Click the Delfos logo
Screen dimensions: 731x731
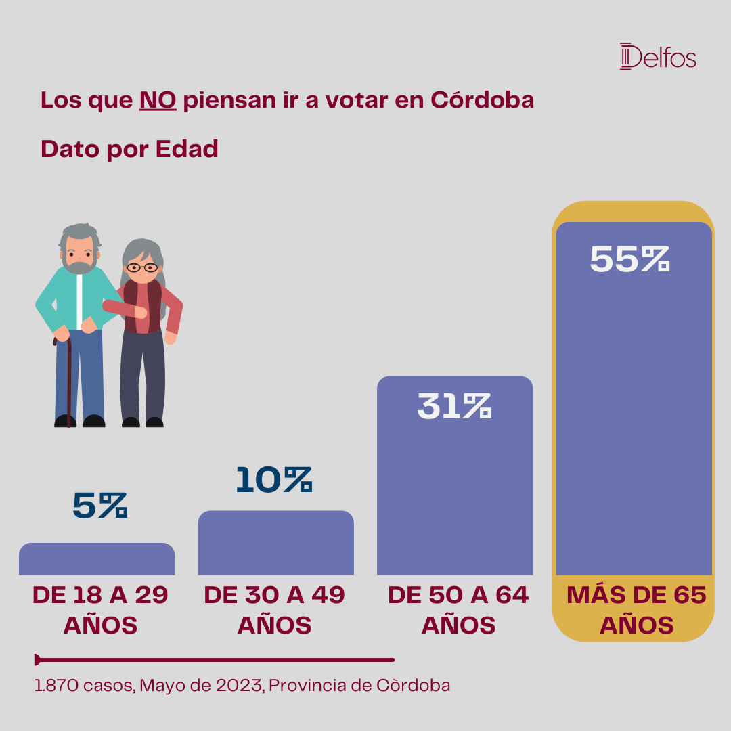coord(658,56)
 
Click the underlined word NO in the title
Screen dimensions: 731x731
coord(158,100)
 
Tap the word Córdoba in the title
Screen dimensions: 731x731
coord(482,99)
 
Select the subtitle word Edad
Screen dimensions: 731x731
coord(187,149)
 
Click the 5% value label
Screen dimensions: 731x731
coord(100,506)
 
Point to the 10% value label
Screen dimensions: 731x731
coord(274,480)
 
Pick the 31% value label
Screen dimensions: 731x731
coord(455,406)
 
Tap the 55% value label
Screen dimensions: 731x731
coord(630,259)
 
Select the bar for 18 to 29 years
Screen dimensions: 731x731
coord(97,558)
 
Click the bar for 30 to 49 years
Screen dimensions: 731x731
coord(276,543)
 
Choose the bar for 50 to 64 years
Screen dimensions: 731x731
coord(455,476)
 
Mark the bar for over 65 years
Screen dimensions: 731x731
coord(634,399)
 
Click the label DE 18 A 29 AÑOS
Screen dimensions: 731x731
coord(100,610)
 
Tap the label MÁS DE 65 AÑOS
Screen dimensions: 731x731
coord(636,610)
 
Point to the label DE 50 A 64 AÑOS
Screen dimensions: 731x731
coord(458,610)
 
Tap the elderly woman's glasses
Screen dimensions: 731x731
coord(143,267)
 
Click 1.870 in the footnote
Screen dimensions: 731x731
coord(57,685)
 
